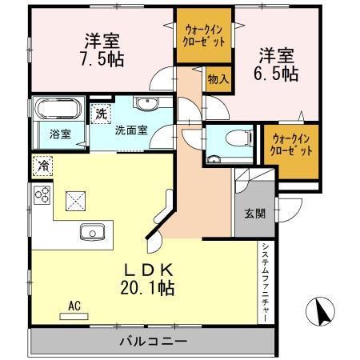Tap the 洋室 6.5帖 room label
[x=277, y=63]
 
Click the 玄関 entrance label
[x=255, y=213]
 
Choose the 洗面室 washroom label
[x=129, y=130]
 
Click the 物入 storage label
[x=217, y=79]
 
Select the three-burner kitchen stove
[x=43, y=196]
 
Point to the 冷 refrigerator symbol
[x=42, y=167]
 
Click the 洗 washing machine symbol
[x=102, y=114]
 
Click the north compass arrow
[x=321, y=312]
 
